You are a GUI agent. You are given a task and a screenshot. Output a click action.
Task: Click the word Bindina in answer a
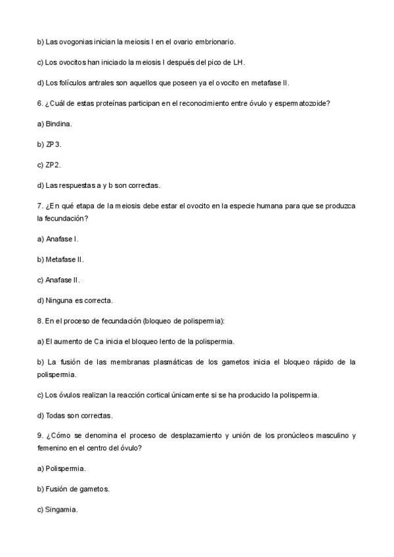(x=58, y=123)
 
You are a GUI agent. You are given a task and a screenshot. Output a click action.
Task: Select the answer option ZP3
(x=53, y=144)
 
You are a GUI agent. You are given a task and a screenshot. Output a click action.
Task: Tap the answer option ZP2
(x=53, y=164)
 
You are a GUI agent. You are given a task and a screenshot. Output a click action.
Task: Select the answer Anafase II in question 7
(x=62, y=280)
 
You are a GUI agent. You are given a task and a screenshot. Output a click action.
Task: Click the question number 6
(x=39, y=103)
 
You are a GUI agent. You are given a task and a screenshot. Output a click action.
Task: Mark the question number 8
(x=39, y=321)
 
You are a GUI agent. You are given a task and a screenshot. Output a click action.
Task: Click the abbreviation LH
(x=239, y=62)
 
